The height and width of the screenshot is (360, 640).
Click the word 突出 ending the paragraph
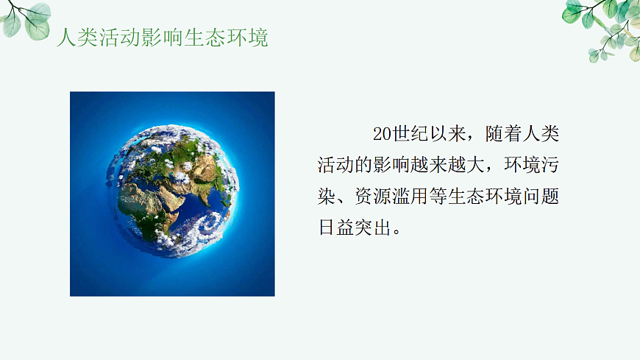[378, 227]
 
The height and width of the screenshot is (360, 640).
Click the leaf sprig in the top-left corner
[26, 18]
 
